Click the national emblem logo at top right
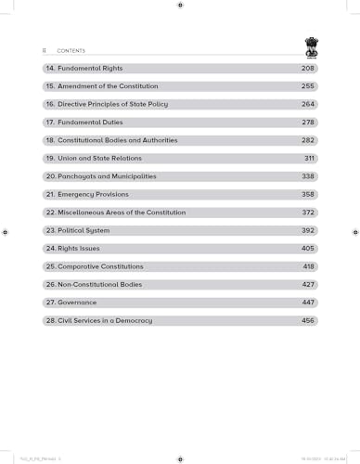pos(311,45)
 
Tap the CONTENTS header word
pos(71,51)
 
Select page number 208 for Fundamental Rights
pos(307,69)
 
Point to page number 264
pos(307,104)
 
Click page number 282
pos(307,140)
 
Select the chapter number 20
pos(50,176)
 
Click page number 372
pos(307,213)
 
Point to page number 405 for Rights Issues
pos(307,249)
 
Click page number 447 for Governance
pos(307,303)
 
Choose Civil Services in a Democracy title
pos(105,320)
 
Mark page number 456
pos(307,320)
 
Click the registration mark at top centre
pos(180,6)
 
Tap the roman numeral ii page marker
pos(44,51)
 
